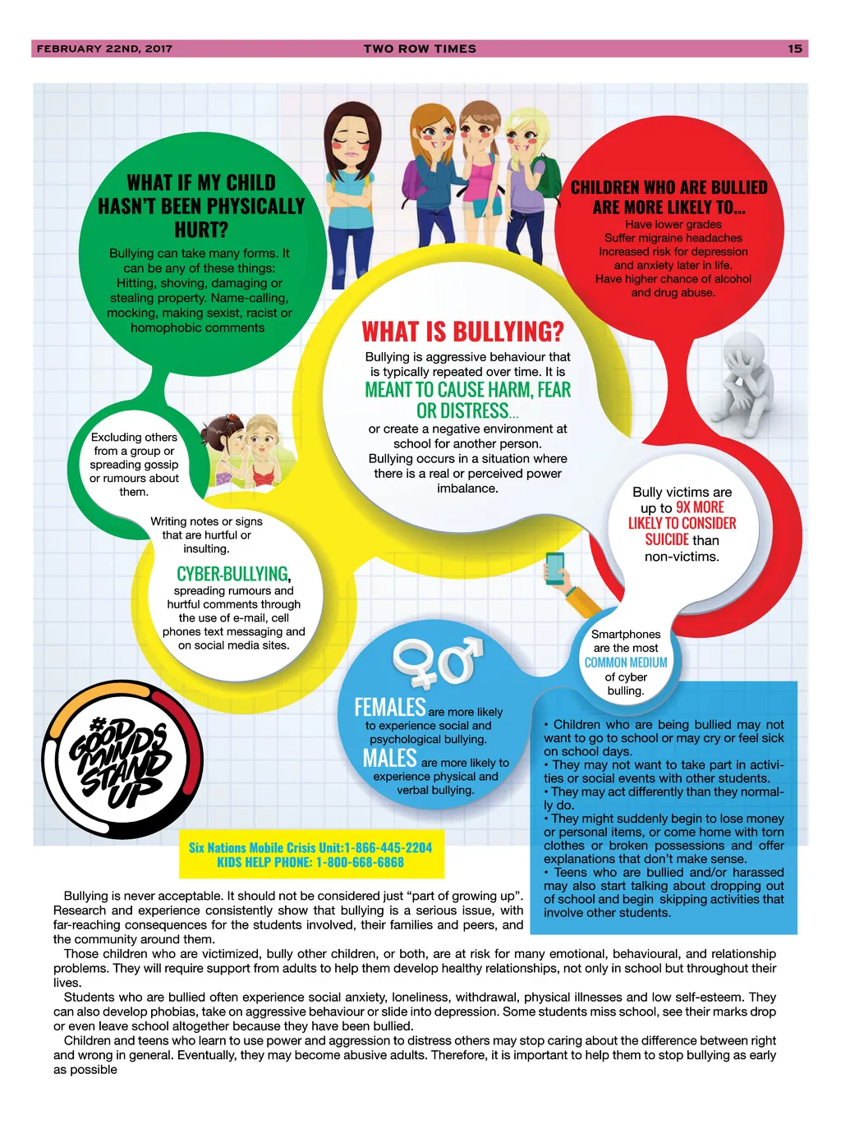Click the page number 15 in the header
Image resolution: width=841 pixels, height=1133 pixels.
(794, 48)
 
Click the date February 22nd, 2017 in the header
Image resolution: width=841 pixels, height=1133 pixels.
(104, 48)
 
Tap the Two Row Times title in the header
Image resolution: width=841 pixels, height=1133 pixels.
(420, 48)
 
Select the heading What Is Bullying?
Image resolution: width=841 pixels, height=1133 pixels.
(463, 332)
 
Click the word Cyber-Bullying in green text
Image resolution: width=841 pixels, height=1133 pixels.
(233, 574)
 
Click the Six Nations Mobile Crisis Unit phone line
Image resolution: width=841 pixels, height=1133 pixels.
(310, 847)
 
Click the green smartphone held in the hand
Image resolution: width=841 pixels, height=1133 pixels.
(555, 567)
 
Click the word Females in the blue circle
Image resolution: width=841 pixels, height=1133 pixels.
(390, 707)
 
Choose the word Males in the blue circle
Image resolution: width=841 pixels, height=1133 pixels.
(390, 758)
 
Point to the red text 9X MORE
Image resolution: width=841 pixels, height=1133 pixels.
(700, 507)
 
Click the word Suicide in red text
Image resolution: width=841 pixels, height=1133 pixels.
(666, 539)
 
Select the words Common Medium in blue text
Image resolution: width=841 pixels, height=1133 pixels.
(626, 663)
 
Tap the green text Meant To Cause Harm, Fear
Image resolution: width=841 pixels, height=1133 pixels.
(467, 390)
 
